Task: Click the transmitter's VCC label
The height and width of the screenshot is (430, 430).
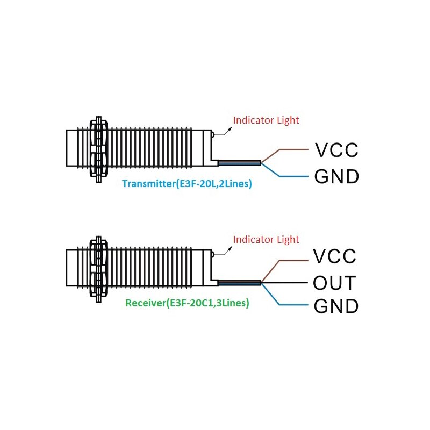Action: [x=336, y=150]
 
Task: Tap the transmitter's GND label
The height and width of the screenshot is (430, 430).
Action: [x=336, y=176]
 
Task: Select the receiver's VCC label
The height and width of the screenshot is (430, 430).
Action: [x=334, y=256]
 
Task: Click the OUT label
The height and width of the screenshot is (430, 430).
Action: [x=334, y=283]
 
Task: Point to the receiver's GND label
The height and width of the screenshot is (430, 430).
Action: [x=336, y=306]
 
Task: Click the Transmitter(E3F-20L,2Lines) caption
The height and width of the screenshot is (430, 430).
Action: [x=187, y=183]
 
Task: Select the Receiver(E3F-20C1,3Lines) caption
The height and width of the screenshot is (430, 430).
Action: [x=187, y=303]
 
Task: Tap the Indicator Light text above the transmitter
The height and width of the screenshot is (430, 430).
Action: [x=266, y=120]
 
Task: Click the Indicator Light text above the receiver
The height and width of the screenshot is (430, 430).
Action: [x=266, y=239]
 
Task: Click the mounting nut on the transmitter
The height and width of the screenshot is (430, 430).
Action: [x=98, y=149]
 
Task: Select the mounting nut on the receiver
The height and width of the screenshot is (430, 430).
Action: [x=98, y=269]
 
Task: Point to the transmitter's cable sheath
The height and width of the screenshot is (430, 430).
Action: [x=239, y=163]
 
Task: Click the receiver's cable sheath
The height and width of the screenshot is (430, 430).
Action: [x=239, y=283]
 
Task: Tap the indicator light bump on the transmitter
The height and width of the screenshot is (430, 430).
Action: [x=213, y=134]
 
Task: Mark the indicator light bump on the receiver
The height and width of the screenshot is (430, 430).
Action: [x=213, y=254]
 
